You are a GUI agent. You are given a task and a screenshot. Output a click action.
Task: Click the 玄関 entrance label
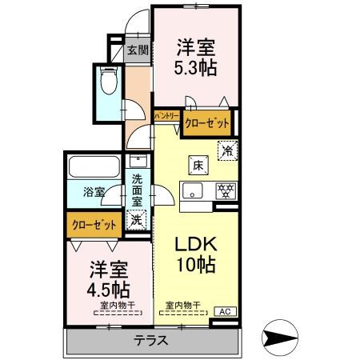[137, 50]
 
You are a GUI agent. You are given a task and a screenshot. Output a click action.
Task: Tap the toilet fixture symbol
[109, 82]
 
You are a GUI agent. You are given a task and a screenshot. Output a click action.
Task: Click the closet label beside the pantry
[206, 123]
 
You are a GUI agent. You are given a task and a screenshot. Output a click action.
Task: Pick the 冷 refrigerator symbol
[228, 149]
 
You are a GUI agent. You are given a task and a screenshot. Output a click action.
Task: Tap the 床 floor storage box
[195, 165]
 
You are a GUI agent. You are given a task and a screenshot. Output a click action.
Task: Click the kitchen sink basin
[194, 190]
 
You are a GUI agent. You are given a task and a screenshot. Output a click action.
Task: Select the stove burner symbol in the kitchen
[226, 190]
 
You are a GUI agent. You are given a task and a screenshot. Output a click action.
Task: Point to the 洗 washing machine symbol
[137, 218]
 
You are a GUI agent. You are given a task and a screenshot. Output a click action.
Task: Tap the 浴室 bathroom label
[94, 191]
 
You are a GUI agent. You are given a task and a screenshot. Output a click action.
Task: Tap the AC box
[224, 312]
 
